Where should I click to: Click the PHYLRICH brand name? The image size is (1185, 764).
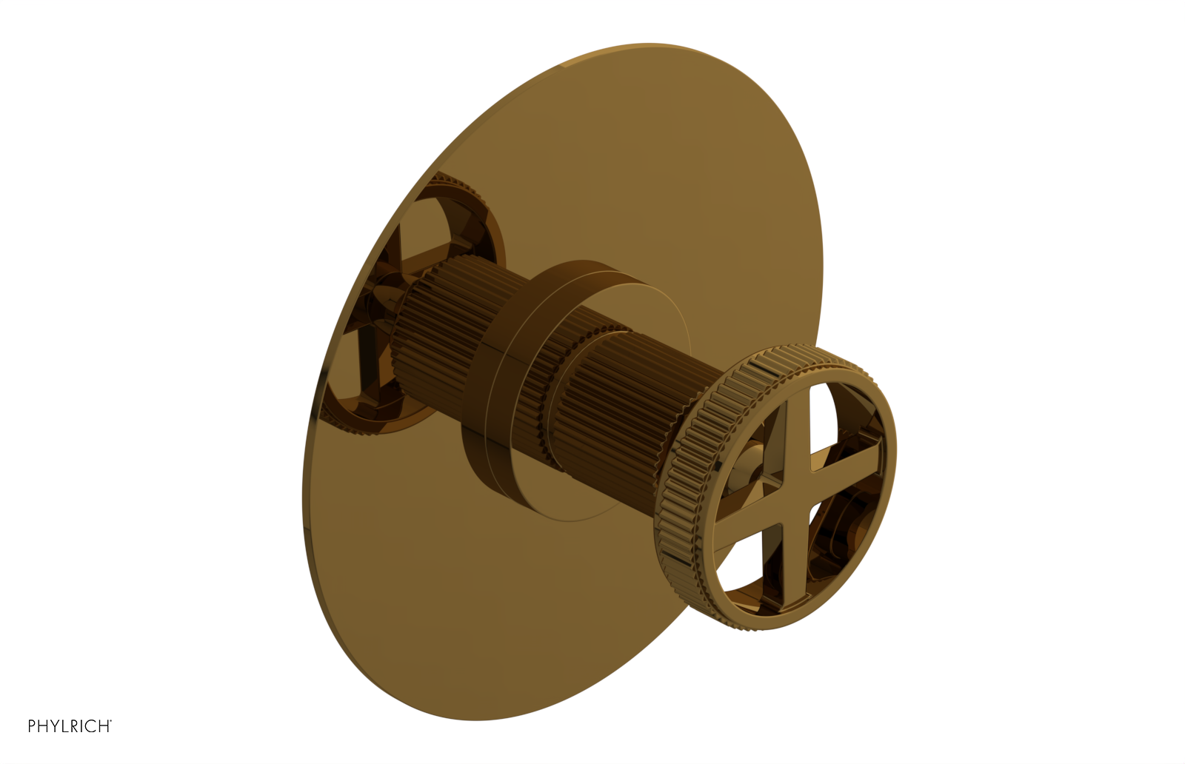point(69,726)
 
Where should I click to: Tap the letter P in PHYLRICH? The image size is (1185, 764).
point(32,726)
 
